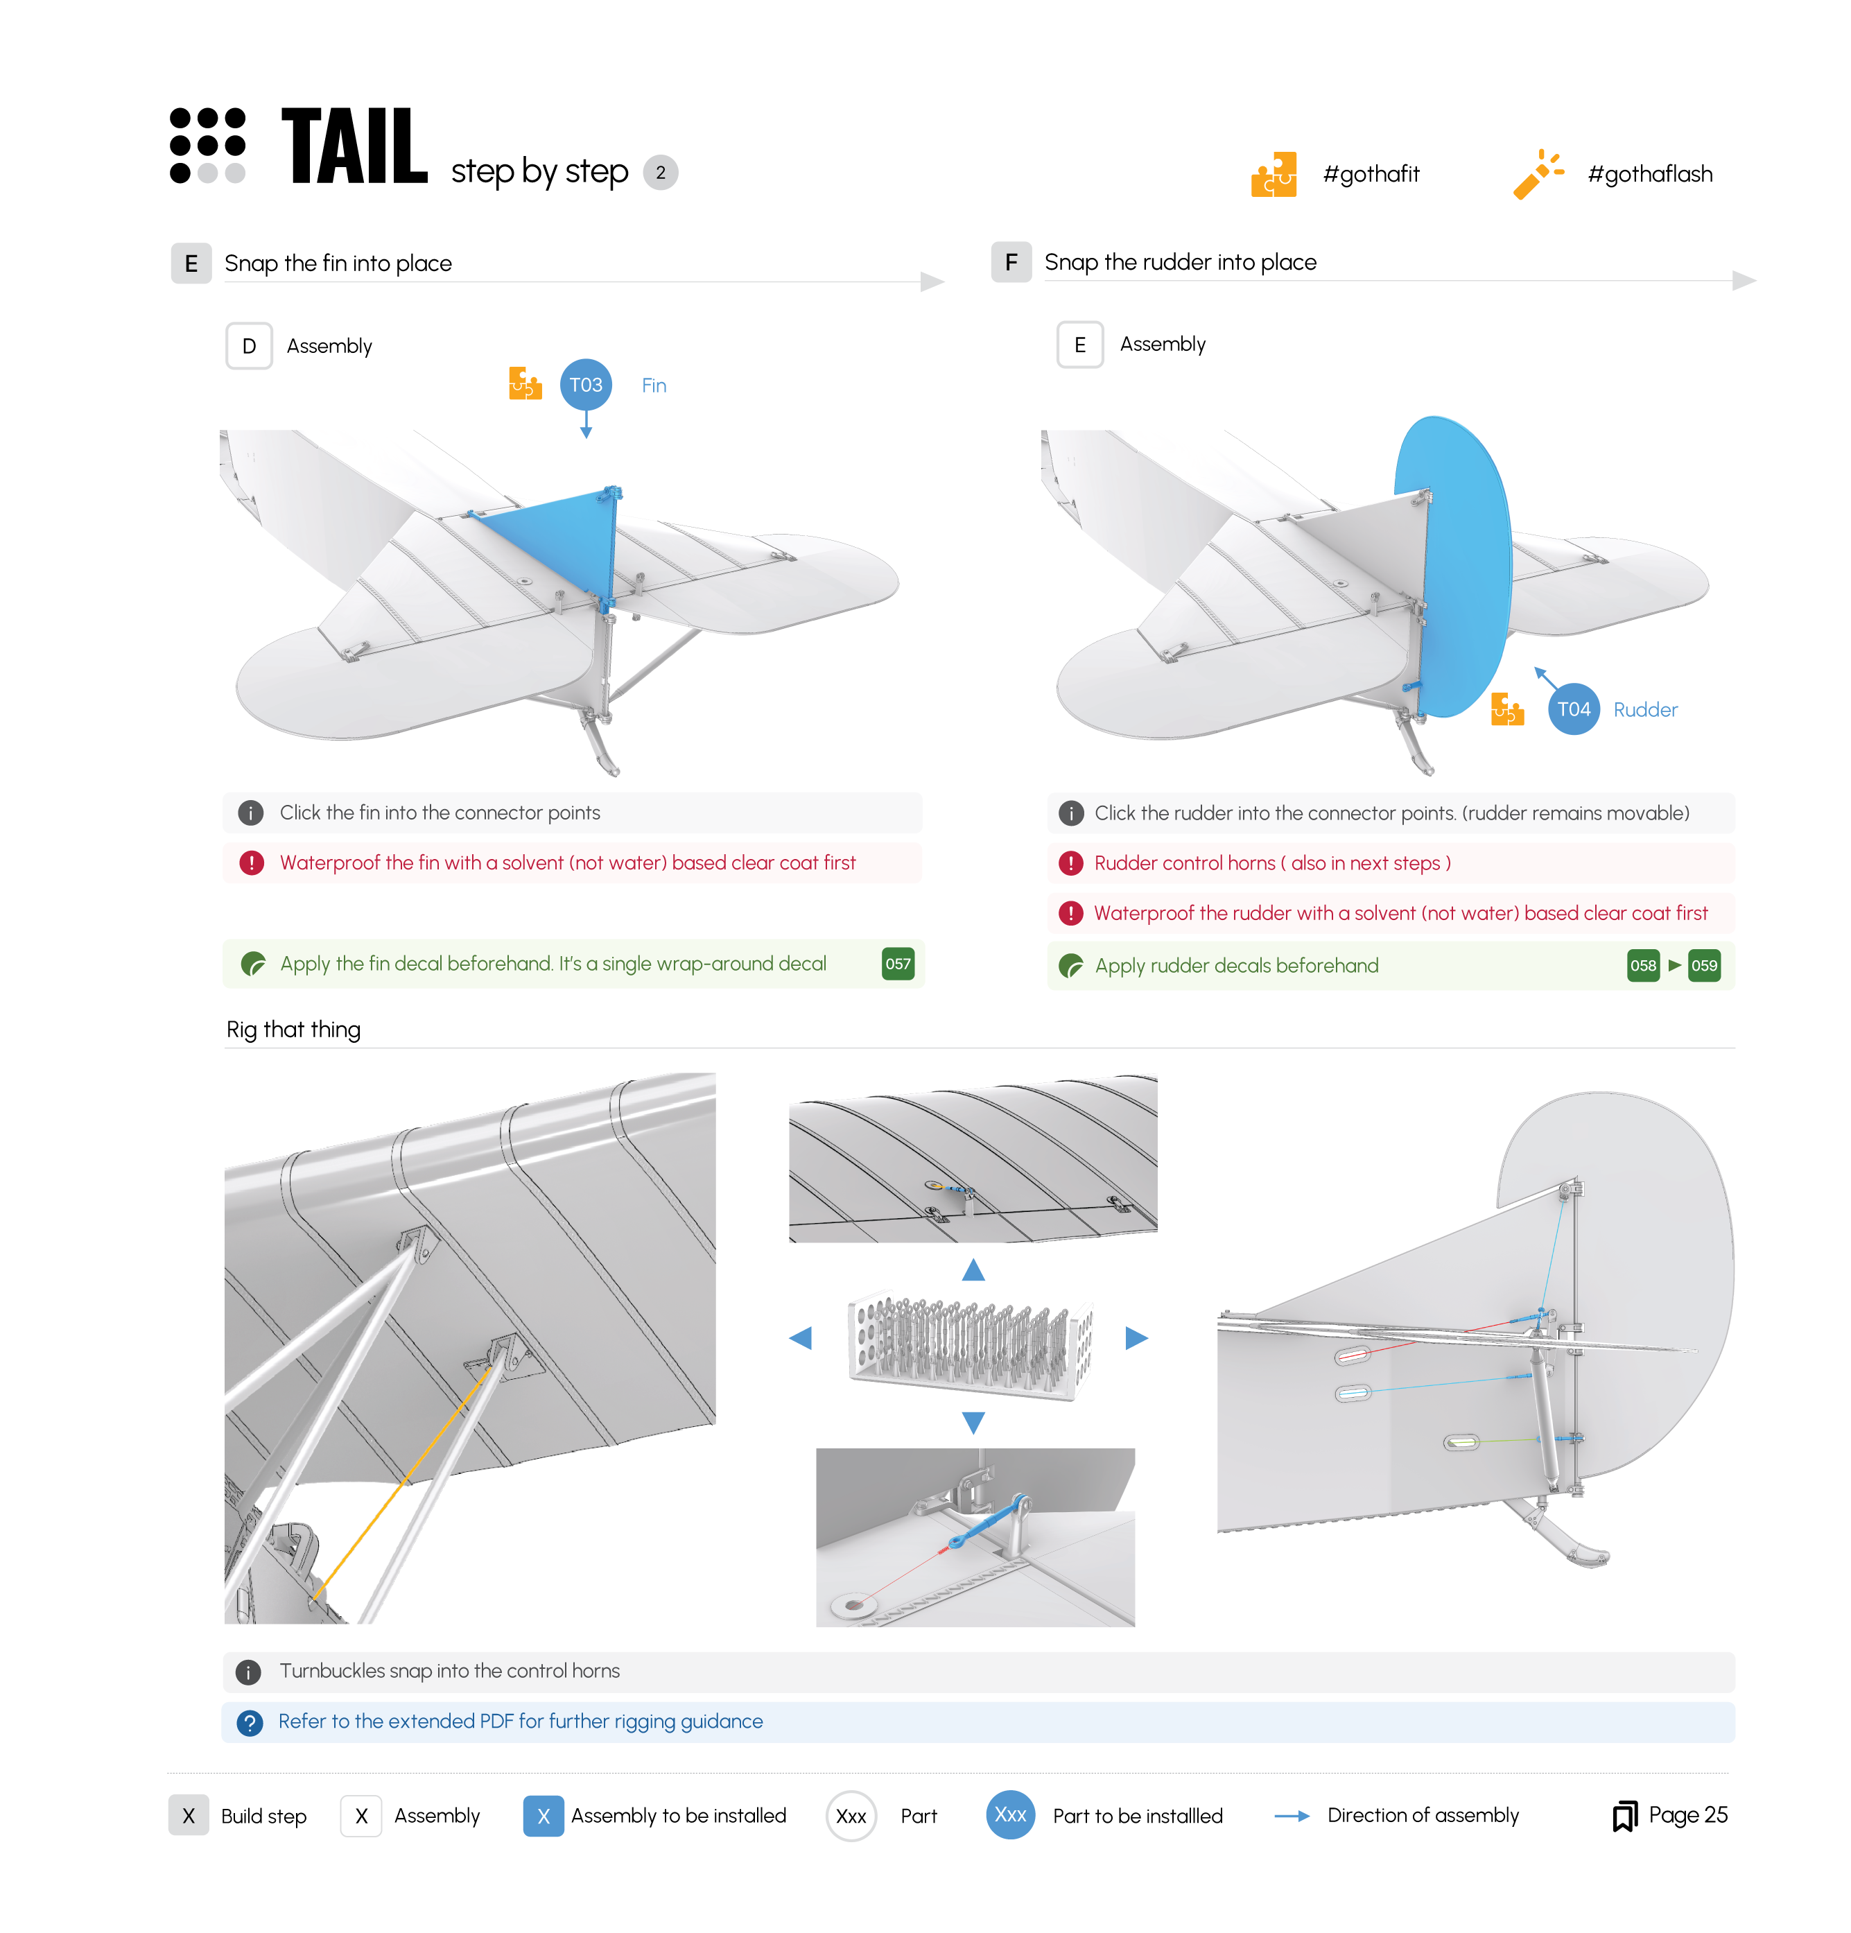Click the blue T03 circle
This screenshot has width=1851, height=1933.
coord(585,385)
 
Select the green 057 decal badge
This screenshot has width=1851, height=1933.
coord(896,964)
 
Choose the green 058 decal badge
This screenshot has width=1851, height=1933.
coord(1642,966)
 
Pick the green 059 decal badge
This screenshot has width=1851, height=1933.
coord(1703,966)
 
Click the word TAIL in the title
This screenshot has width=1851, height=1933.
coord(354,148)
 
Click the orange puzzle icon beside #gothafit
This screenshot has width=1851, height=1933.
coord(1272,175)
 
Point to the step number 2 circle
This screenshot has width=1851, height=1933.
coord(660,173)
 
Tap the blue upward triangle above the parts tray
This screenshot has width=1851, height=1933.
coord(973,1270)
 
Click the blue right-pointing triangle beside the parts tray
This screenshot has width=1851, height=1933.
coord(1136,1338)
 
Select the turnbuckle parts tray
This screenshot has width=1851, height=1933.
coord(971,1343)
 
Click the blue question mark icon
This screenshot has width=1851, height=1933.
coord(250,1723)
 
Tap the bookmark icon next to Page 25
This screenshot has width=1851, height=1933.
coord(1623,1816)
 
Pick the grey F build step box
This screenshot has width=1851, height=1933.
coord(1010,262)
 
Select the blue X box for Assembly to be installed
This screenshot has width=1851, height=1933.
coord(542,1816)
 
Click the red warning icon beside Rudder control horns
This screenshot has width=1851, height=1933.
coord(1070,864)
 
